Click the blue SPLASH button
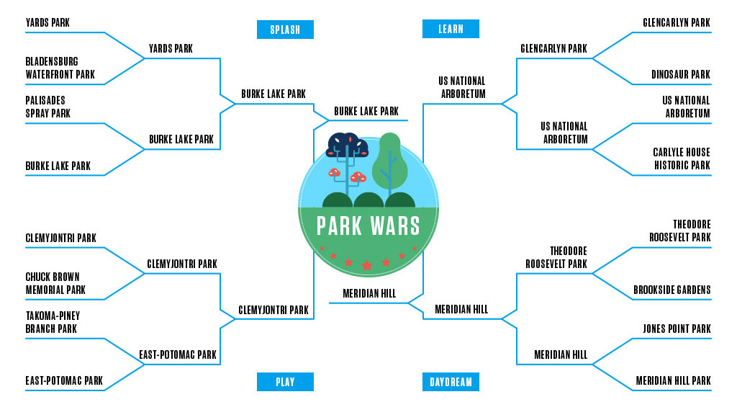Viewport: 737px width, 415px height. [x=285, y=30]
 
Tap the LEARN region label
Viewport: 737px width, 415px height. [x=451, y=30]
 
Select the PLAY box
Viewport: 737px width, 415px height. [x=285, y=382]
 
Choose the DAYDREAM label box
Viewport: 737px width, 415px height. [x=451, y=382]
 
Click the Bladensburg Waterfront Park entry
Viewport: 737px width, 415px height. [x=60, y=68]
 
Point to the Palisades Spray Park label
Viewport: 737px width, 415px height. [x=48, y=107]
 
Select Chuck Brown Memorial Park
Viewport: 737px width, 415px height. [x=55, y=283]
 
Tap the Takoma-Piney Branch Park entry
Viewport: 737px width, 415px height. [x=53, y=322]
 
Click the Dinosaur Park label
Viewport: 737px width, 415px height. [x=680, y=74]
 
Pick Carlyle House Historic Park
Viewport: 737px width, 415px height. [x=681, y=159]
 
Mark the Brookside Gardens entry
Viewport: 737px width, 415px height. [x=672, y=290]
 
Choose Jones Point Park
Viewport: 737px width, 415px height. [x=676, y=329]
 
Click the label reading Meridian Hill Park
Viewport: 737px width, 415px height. [x=673, y=380]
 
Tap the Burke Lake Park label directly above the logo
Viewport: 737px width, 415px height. [x=366, y=112]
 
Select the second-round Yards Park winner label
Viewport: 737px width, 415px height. [x=171, y=49]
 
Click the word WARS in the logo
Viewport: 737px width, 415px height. [x=394, y=226]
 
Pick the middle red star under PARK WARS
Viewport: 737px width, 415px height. [x=367, y=265]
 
